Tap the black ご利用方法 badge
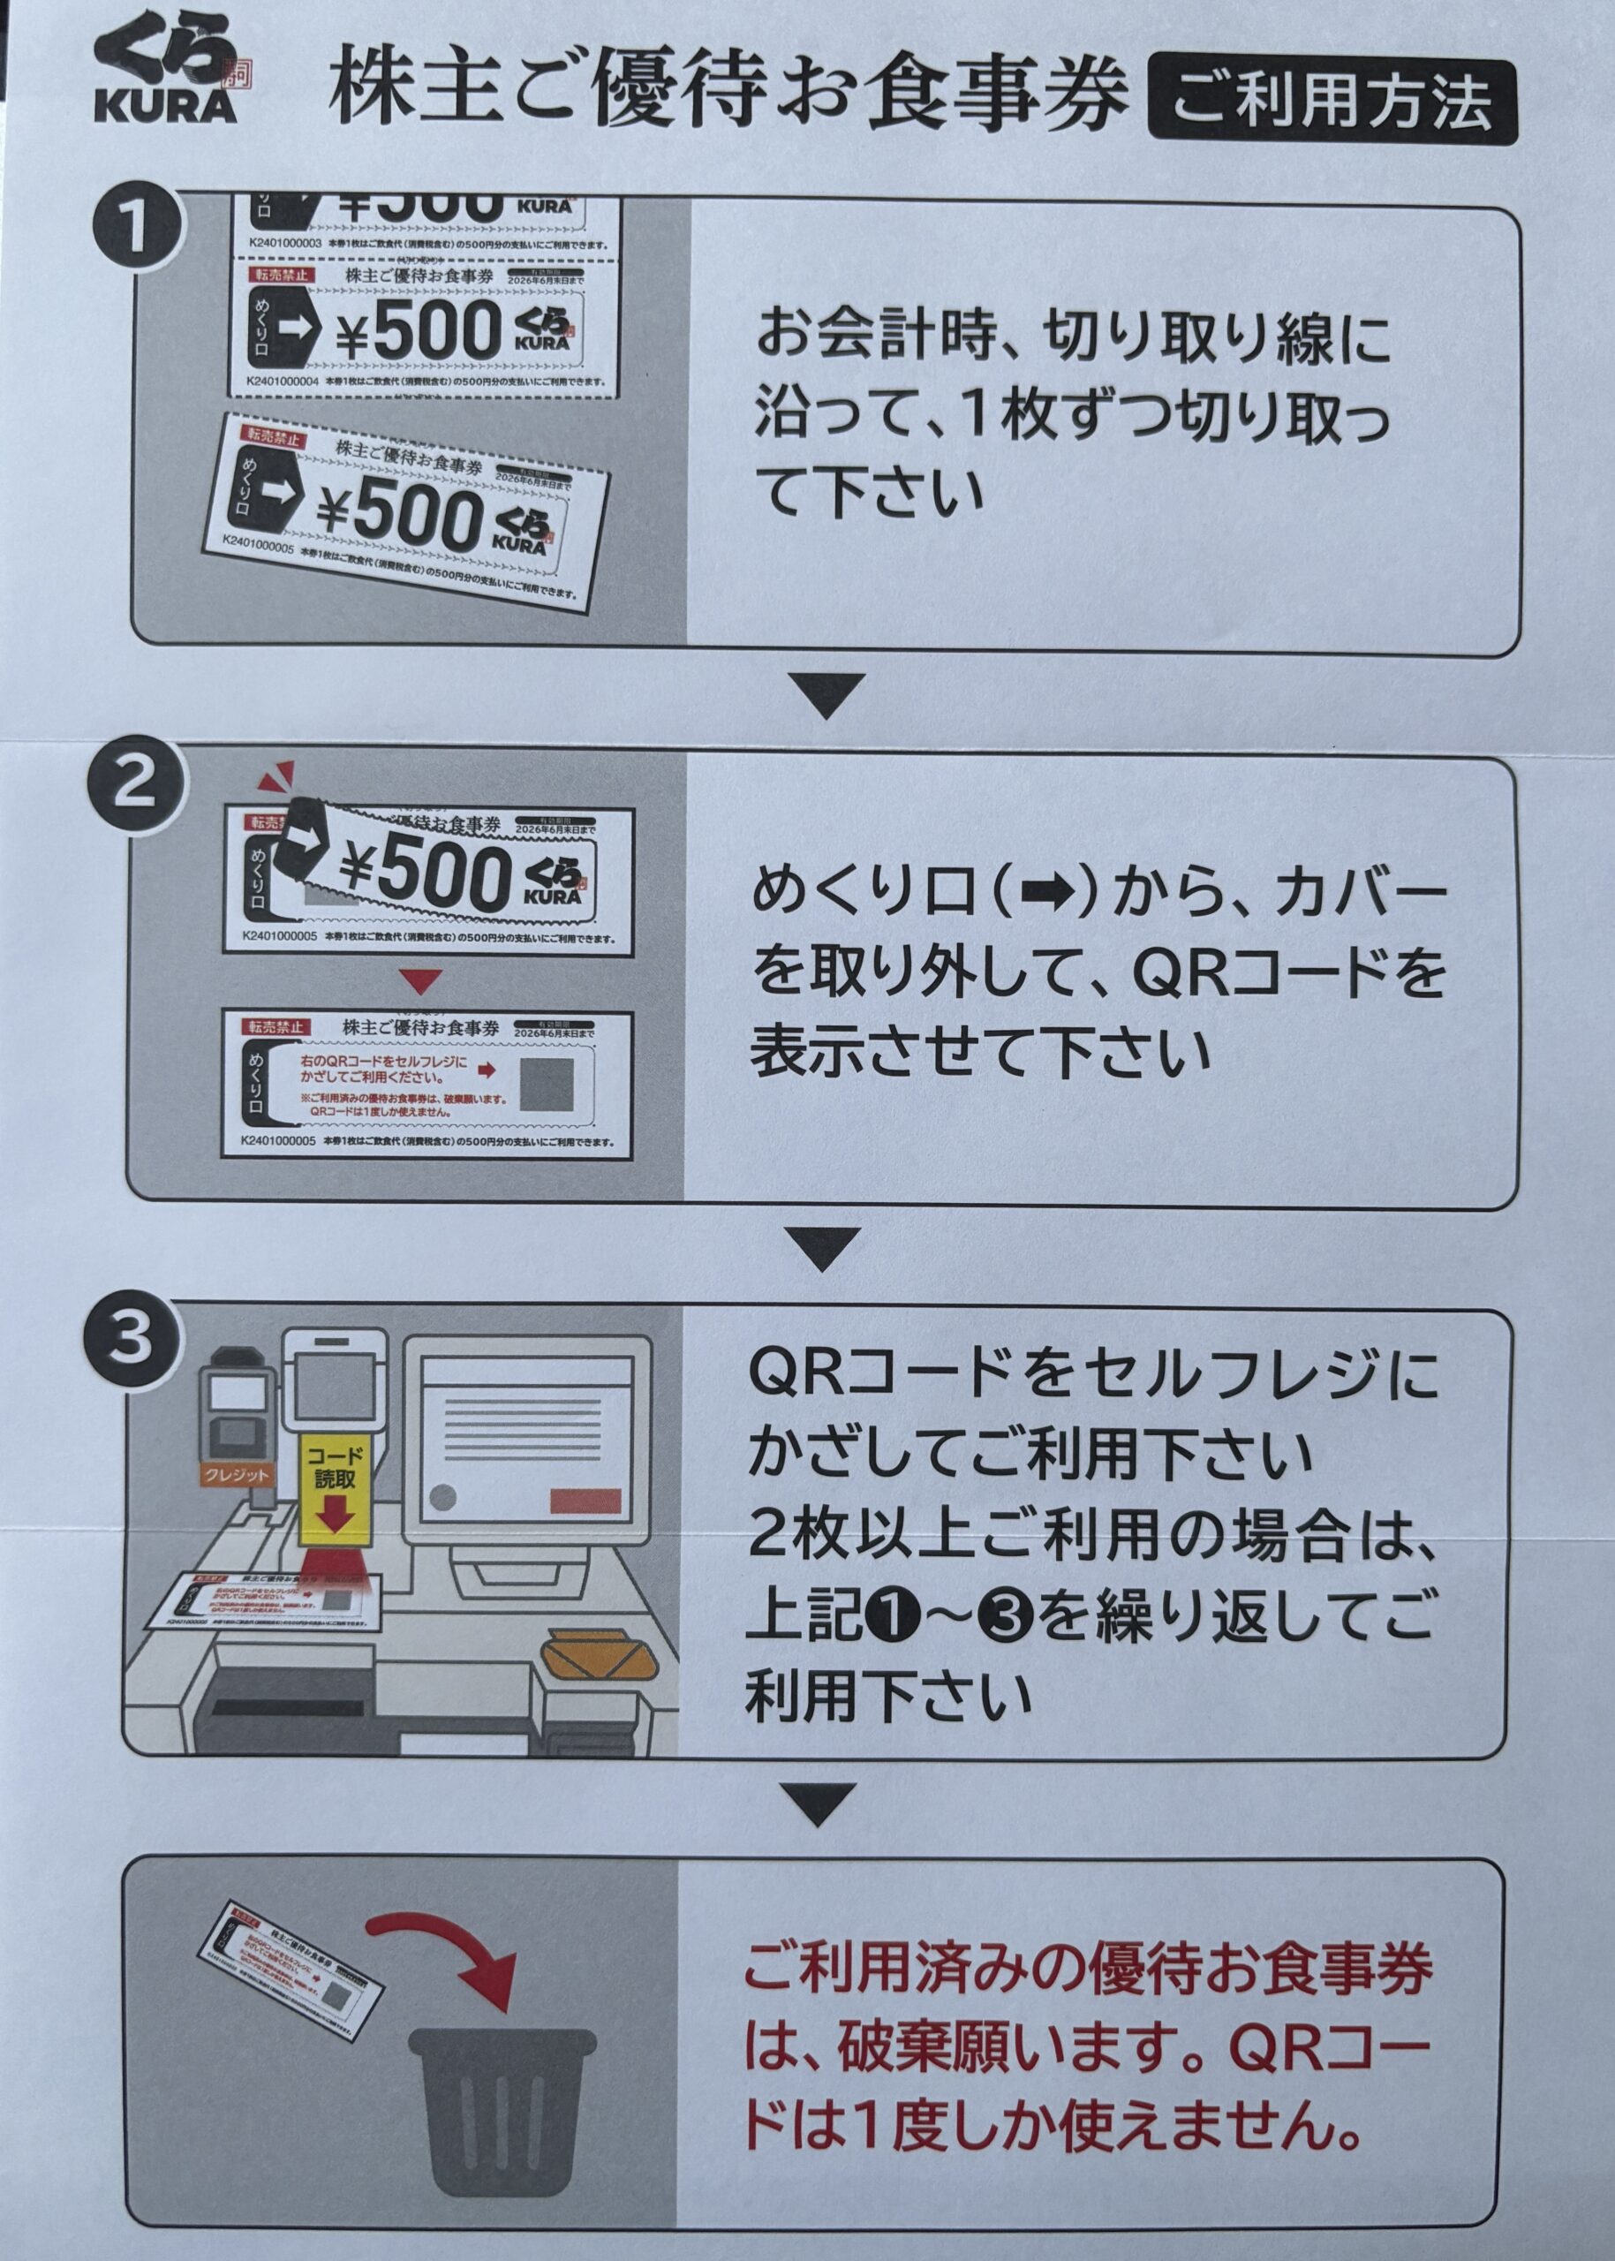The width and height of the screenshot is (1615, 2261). (x=1332, y=100)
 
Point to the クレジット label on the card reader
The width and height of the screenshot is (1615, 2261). (x=235, y=1476)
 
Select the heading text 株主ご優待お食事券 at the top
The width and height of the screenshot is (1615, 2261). (x=731, y=95)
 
